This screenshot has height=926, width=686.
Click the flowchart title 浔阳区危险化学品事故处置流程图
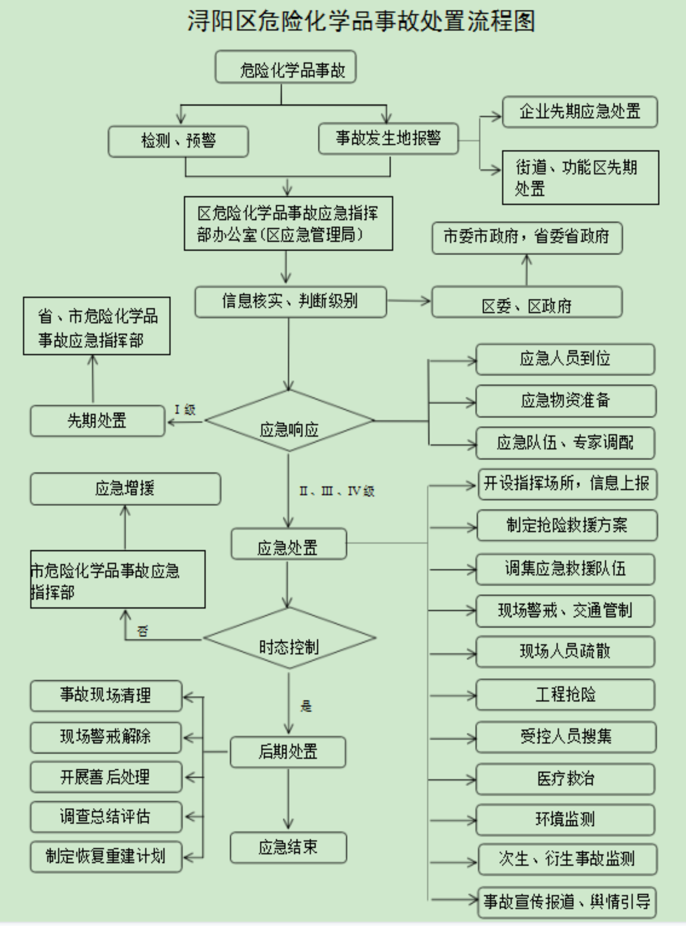(x=360, y=21)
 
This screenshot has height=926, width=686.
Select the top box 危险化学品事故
(x=285, y=67)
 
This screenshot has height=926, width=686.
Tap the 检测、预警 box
(x=178, y=141)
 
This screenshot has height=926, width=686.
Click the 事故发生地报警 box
(x=388, y=138)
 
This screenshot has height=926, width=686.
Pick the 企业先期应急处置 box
(x=580, y=112)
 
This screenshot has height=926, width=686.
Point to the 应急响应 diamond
(x=289, y=421)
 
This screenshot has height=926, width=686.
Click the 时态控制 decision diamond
(x=289, y=638)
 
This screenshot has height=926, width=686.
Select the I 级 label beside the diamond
(x=185, y=410)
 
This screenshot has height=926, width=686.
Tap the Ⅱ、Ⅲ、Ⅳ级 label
(x=337, y=491)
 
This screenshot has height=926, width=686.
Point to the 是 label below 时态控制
(x=306, y=706)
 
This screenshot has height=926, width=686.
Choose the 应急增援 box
(x=125, y=489)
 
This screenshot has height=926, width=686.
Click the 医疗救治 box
(x=565, y=778)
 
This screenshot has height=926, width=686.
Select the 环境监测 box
(x=565, y=820)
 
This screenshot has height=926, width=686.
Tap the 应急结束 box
(x=288, y=847)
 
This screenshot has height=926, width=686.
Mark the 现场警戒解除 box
(x=106, y=737)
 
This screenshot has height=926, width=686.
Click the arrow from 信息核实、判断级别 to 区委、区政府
(x=409, y=301)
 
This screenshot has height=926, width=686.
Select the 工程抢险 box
(x=565, y=695)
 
